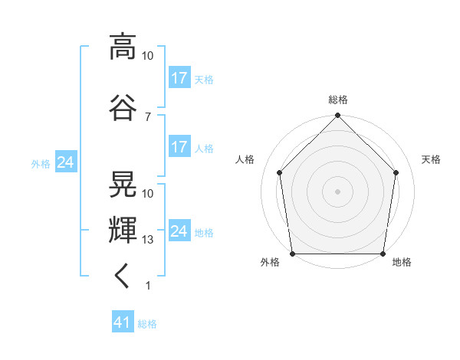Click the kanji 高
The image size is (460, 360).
click(123, 47)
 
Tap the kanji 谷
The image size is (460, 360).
click(123, 107)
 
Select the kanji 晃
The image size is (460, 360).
click(123, 184)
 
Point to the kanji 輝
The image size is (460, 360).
click(123, 230)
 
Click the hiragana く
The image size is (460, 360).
click(121, 276)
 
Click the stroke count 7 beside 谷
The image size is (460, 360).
click(148, 117)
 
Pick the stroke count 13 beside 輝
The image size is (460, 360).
click(147, 240)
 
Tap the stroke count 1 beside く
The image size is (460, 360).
click(148, 286)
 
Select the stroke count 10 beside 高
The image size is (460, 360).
click(147, 56)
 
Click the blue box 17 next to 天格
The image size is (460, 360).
click(179, 77)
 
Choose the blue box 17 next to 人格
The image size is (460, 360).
click(179, 146)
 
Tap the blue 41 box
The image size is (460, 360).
click(123, 321)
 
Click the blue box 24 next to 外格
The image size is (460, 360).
click(66, 162)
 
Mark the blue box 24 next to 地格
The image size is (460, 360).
click(179, 230)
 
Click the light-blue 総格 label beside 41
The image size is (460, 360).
click(147, 324)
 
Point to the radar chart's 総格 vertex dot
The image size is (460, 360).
click(337, 115)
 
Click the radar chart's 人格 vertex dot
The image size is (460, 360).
click(280, 172)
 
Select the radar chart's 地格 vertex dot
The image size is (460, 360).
click(383, 254)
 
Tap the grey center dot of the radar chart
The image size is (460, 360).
click(337, 191)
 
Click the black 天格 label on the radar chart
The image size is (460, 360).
click(431, 159)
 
